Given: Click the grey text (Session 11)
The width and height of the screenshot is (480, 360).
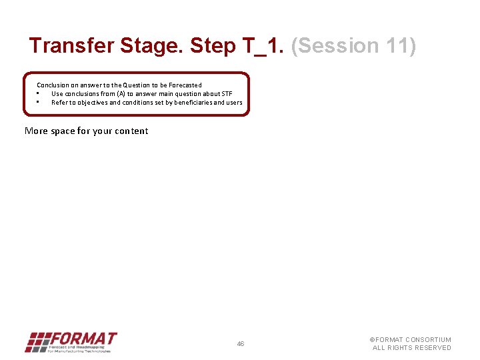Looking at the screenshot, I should [x=354, y=46].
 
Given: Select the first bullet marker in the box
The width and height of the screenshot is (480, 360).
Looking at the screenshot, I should [x=38, y=94].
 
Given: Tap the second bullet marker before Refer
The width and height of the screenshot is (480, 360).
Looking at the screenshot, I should [x=38, y=103].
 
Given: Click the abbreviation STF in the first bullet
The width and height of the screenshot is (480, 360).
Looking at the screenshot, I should [x=227, y=94].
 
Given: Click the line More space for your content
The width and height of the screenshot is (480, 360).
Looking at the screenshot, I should [x=87, y=131].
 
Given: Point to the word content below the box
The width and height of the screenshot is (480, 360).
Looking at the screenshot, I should [x=131, y=131].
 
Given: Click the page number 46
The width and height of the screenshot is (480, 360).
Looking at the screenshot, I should [x=241, y=344].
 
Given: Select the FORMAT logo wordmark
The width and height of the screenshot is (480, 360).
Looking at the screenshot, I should [x=83, y=339].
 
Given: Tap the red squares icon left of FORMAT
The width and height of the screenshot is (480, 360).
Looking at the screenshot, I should [x=37, y=342].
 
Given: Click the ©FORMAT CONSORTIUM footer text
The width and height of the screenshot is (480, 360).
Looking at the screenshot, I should [x=411, y=340].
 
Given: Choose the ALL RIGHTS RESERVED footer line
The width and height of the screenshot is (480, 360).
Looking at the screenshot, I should [x=411, y=348].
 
